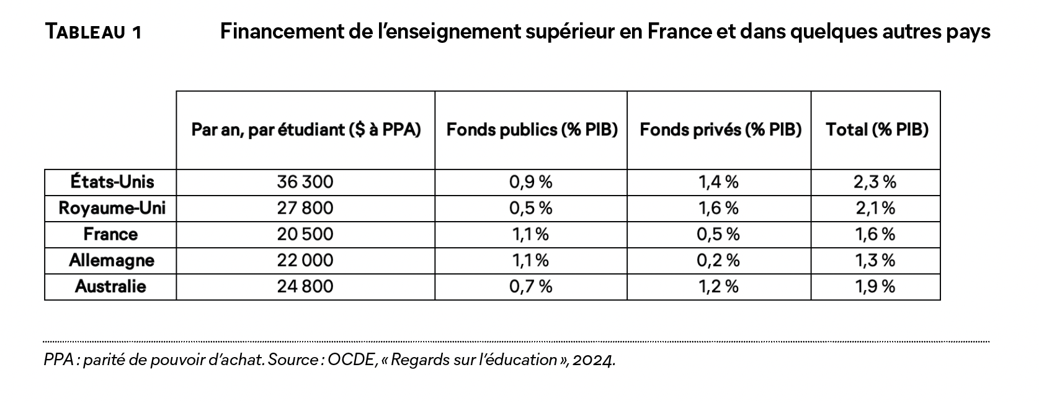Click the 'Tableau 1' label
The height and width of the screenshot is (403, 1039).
(93, 32)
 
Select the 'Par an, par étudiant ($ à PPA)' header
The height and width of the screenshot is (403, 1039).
(306, 130)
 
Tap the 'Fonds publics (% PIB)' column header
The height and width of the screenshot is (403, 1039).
(532, 130)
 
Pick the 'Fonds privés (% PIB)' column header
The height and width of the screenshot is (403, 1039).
(720, 130)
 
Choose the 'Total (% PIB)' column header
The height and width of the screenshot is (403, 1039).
(876, 130)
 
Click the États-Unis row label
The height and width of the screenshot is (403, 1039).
(112, 181)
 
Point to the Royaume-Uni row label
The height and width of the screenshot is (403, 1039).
(112, 207)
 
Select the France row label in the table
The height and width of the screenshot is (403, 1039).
(110, 234)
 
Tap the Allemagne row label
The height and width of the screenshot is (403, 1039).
(111, 260)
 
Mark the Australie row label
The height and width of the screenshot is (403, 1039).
(110, 286)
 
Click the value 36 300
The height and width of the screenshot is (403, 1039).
(305, 181)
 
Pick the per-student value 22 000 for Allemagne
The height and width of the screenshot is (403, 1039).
(305, 260)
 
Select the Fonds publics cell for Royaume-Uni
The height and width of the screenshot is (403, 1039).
(530, 207)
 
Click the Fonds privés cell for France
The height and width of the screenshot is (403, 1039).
(718, 234)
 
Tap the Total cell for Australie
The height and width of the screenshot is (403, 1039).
(875, 286)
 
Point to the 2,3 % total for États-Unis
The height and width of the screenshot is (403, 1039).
(875, 181)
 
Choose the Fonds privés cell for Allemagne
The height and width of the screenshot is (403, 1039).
(718, 260)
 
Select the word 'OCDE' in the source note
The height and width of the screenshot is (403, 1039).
(352, 360)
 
